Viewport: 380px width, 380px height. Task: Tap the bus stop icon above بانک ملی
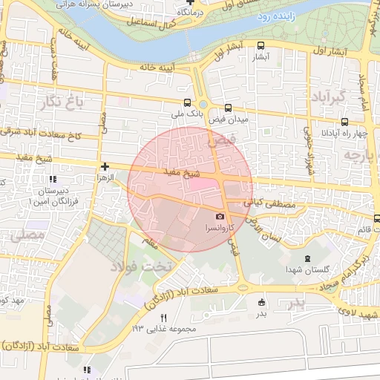187,103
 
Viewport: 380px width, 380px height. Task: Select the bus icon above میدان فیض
228,107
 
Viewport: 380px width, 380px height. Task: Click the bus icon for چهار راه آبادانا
344,122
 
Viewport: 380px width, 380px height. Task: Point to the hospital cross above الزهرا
105,167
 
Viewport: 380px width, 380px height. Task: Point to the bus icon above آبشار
261,45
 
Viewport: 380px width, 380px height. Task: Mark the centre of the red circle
190,189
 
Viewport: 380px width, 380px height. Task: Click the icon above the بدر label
261,302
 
